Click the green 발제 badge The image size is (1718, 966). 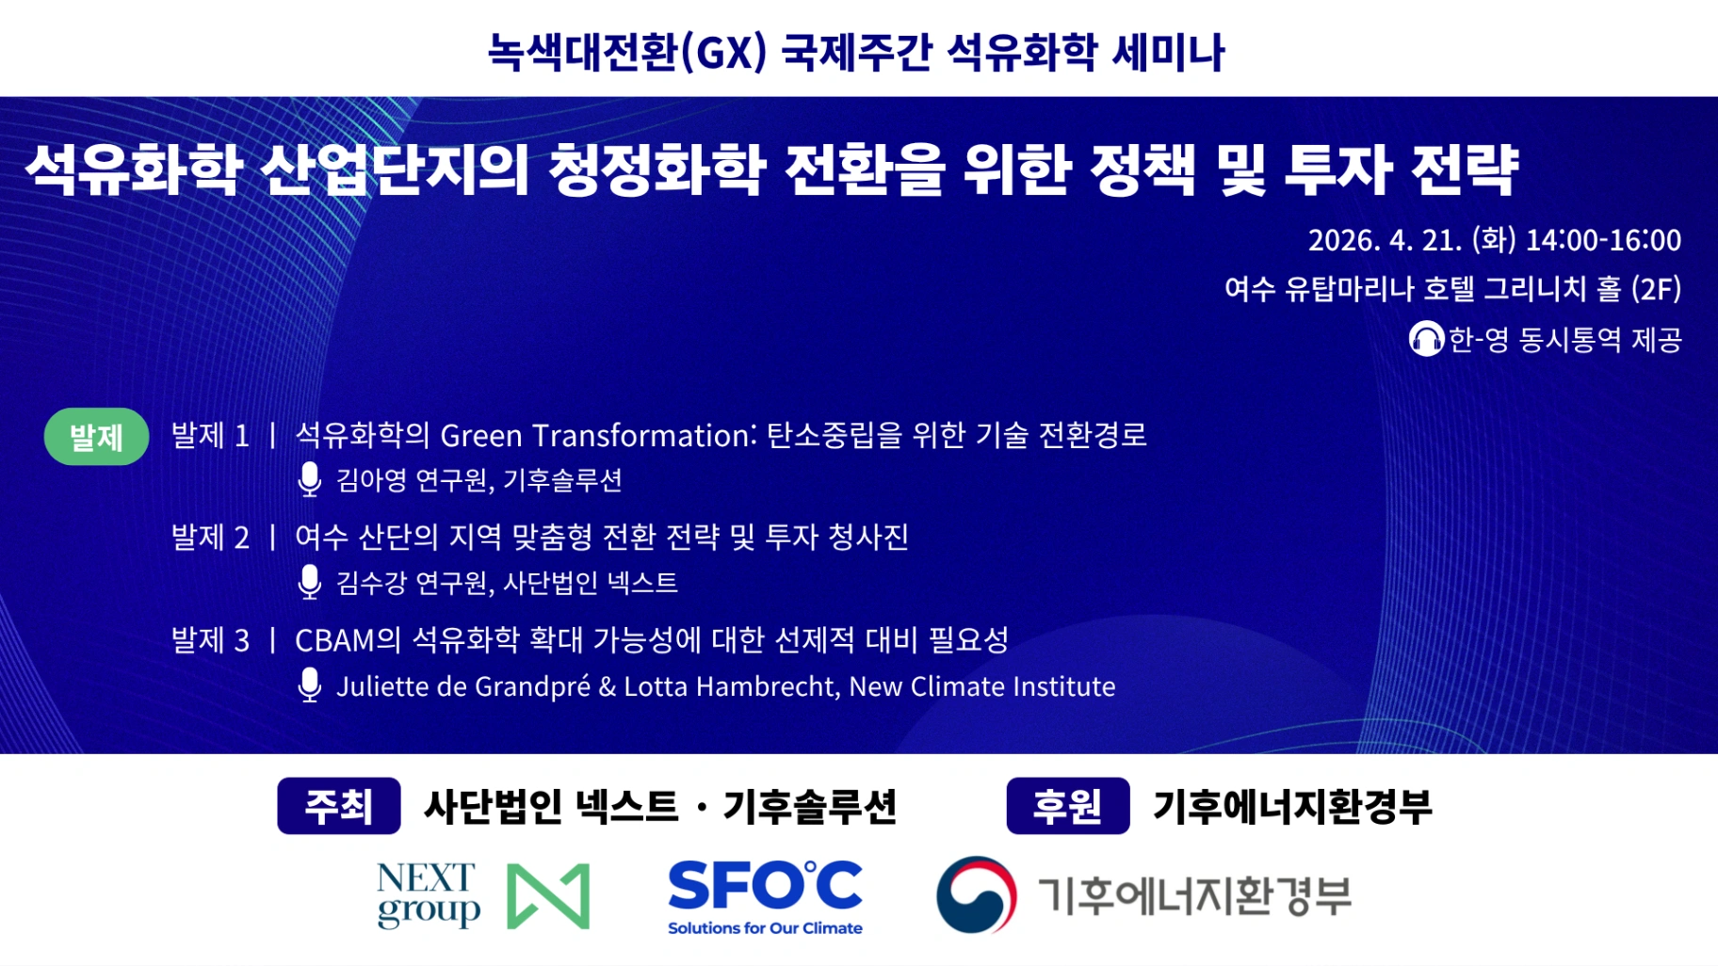click(x=96, y=436)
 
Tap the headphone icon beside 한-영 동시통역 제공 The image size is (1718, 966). click(x=1426, y=339)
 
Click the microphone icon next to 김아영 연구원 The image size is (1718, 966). click(x=309, y=479)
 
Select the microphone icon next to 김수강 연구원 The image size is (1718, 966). click(x=309, y=582)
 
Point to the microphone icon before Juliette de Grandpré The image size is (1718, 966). click(x=309, y=685)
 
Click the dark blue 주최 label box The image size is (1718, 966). click(x=339, y=806)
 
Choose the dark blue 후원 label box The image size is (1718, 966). click(x=1068, y=806)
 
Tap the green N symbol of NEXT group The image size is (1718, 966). click(x=548, y=896)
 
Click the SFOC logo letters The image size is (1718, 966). click(x=765, y=885)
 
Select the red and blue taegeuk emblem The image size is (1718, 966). click(x=977, y=894)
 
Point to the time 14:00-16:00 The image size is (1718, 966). click(x=1603, y=240)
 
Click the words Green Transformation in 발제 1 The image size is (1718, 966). click(x=598, y=435)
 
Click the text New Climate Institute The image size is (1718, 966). click(x=982, y=686)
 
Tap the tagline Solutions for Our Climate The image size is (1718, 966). click(x=765, y=928)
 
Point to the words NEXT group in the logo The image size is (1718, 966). click(x=429, y=895)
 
